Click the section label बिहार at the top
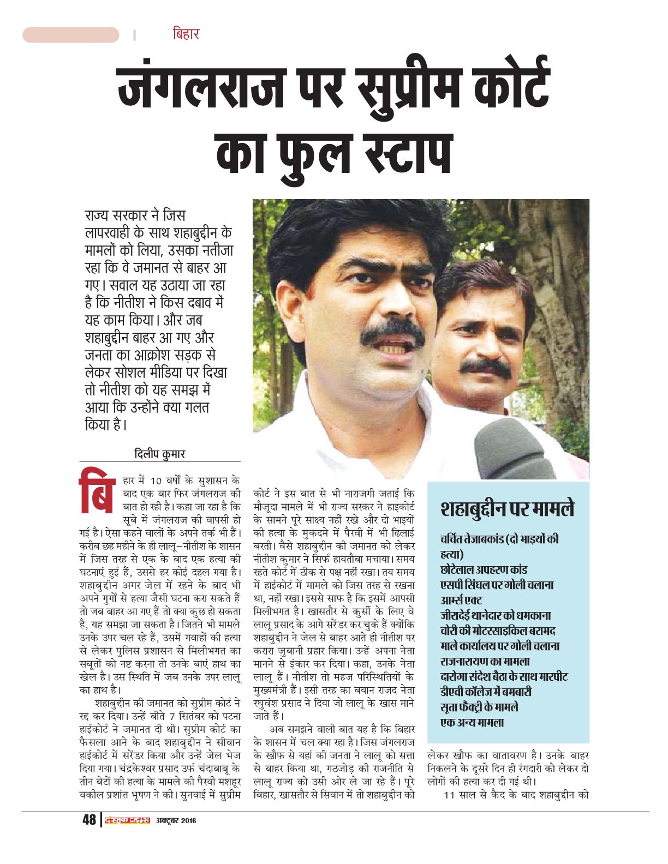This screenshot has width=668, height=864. click(x=186, y=34)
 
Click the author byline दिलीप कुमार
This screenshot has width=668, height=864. click(x=159, y=453)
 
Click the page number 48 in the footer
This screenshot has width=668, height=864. click(x=89, y=820)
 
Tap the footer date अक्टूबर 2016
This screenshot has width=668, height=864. click(x=176, y=820)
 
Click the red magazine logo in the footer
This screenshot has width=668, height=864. click(x=127, y=820)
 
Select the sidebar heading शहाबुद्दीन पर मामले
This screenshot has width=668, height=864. click(x=507, y=509)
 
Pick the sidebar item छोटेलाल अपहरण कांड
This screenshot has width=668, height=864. click(x=484, y=569)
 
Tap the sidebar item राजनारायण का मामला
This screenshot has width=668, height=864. click(x=485, y=661)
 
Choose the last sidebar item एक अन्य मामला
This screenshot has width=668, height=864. click(x=472, y=722)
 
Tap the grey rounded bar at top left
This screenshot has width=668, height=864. click(x=70, y=35)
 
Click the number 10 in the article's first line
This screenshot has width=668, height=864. click(x=156, y=481)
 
